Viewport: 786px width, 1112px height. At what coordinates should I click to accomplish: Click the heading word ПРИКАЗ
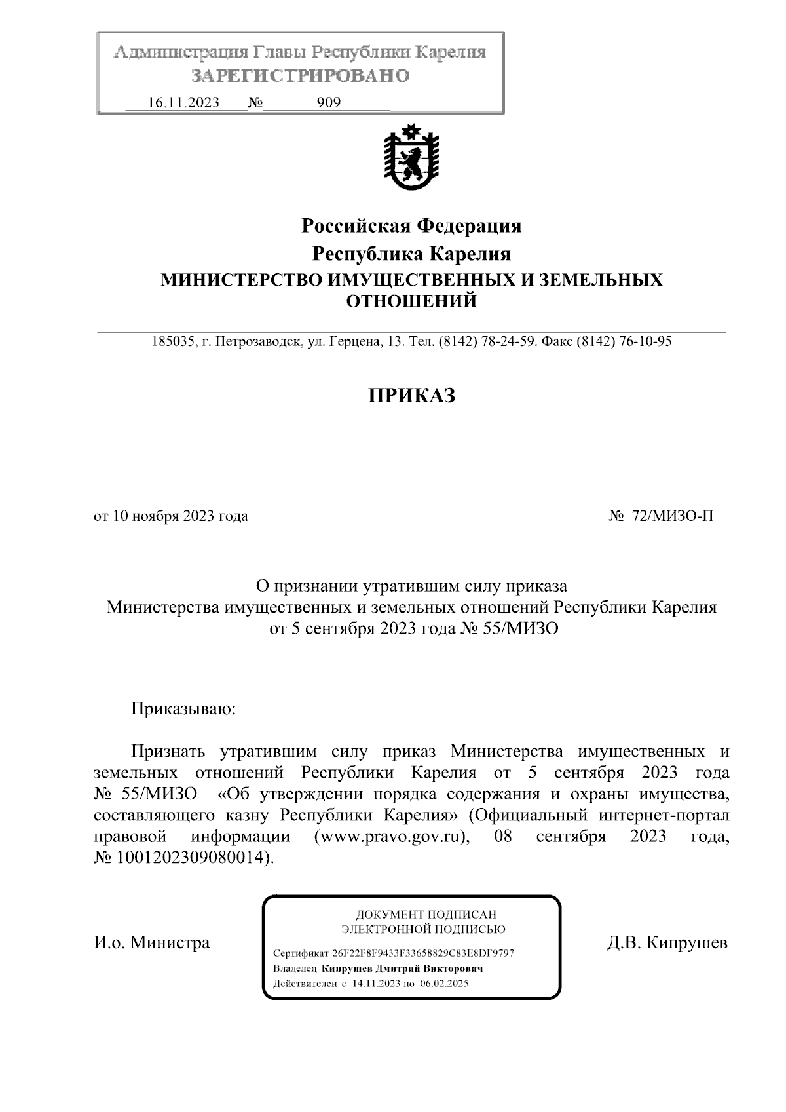(411, 396)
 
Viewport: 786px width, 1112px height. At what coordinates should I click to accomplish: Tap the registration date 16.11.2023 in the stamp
(183, 103)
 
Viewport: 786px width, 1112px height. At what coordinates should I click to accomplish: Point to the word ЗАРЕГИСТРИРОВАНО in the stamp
(301, 76)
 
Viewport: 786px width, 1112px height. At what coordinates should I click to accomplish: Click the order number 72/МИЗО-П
(673, 516)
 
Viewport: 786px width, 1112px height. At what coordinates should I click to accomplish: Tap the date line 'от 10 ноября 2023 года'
(171, 516)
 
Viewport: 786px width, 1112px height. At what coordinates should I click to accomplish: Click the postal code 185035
(171, 341)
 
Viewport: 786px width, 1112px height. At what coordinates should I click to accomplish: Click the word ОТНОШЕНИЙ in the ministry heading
(411, 301)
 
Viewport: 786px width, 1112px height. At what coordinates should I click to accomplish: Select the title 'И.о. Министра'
(152, 943)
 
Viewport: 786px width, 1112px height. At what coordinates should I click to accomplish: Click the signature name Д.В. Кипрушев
(667, 943)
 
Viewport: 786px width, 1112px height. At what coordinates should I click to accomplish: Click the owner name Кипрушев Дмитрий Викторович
(401, 968)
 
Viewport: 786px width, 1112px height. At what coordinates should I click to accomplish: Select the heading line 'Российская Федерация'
(411, 227)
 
